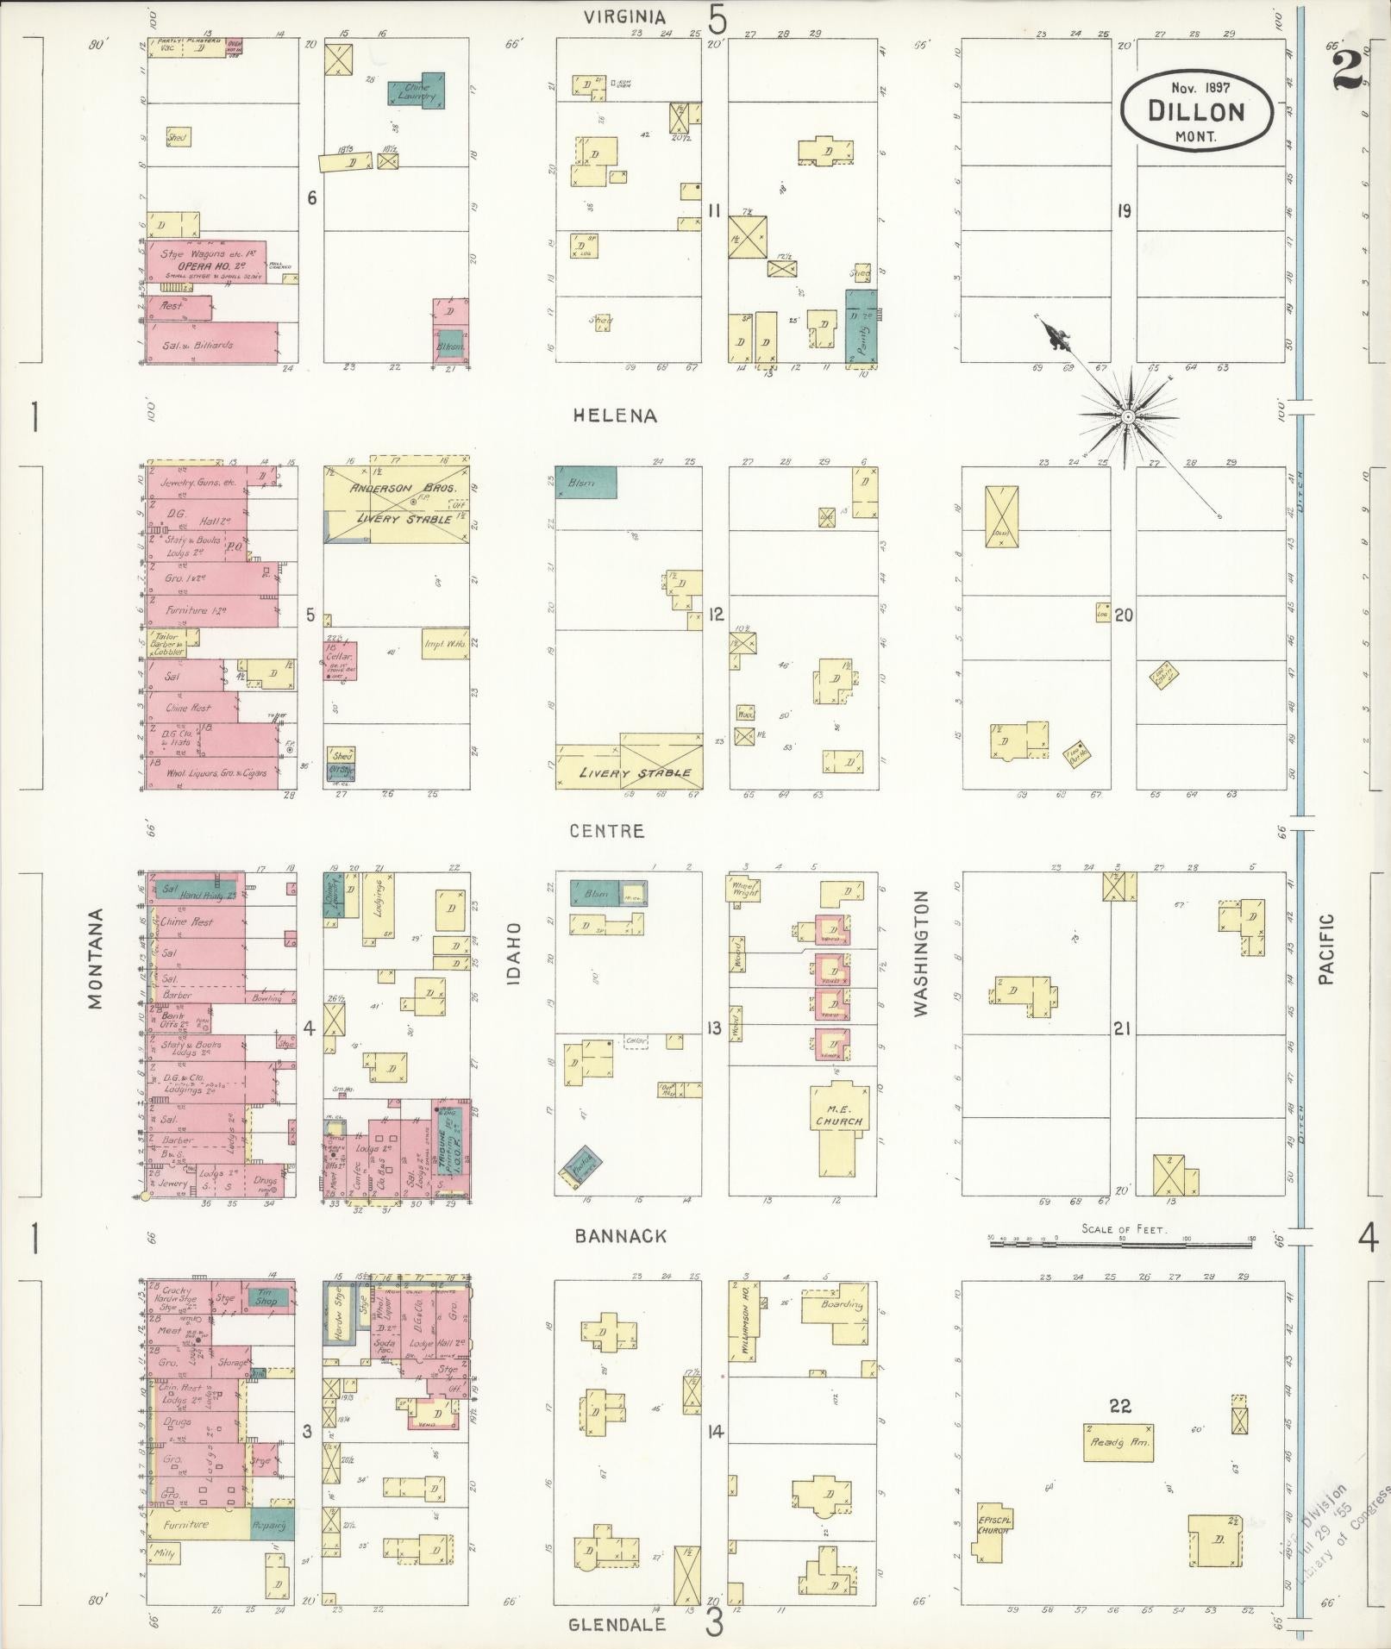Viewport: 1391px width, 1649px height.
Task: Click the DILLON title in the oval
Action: [1196, 111]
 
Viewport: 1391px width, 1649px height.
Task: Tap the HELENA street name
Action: [615, 415]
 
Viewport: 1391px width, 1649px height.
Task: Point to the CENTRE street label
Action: [607, 831]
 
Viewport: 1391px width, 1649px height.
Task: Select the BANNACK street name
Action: [621, 1236]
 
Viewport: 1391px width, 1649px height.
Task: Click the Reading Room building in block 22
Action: [1118, 1441]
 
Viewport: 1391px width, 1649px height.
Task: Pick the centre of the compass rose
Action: [1127, 416]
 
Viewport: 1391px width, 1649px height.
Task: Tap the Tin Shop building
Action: [266, 1296]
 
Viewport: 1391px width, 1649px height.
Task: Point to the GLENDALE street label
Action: [617, 1624]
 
